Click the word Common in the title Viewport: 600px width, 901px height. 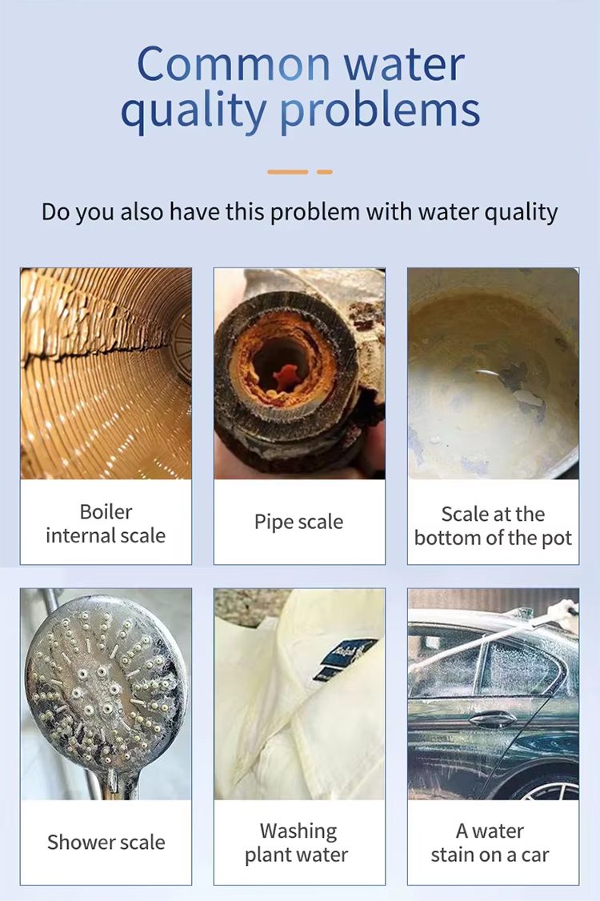point(234,64)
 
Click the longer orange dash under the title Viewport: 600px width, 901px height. point(288,172)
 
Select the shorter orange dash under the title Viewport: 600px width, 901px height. point(325,172)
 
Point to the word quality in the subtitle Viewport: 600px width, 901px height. point(522,213)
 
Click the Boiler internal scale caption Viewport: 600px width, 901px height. point(106,523)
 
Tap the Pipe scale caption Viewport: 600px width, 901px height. point(299,522)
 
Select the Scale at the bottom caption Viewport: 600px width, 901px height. point(493,526)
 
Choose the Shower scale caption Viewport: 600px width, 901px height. point(106,843)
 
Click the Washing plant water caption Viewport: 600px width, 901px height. point(297,843)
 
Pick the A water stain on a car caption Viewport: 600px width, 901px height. point(490,843)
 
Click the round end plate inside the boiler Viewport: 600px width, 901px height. point(182,346)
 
